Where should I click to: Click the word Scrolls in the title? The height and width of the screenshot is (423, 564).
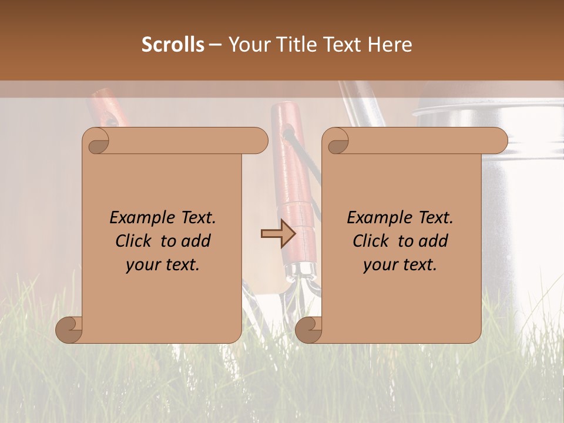click(173, 45)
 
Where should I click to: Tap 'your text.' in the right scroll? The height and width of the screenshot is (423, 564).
click(400, 264)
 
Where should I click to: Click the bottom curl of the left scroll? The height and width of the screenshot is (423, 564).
click(69, 330)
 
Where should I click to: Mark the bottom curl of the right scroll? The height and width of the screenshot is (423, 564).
click(308, 330)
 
